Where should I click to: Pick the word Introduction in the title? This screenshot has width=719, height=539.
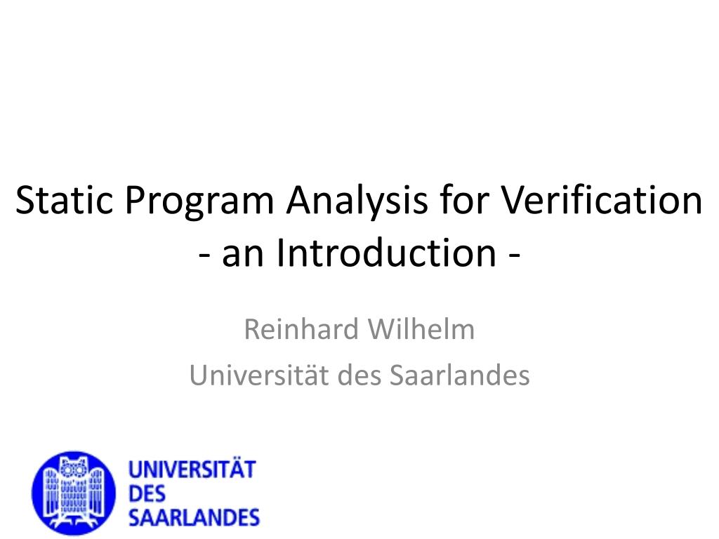(385, 254)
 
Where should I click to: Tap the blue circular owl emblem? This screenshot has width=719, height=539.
(73, 492)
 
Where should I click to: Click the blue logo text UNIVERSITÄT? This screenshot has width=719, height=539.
(192, 470)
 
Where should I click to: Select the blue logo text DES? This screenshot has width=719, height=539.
(147, 494)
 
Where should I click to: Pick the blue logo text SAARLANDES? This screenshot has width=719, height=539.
(194, 519)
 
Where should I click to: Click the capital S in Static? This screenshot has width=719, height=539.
(25, 201)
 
